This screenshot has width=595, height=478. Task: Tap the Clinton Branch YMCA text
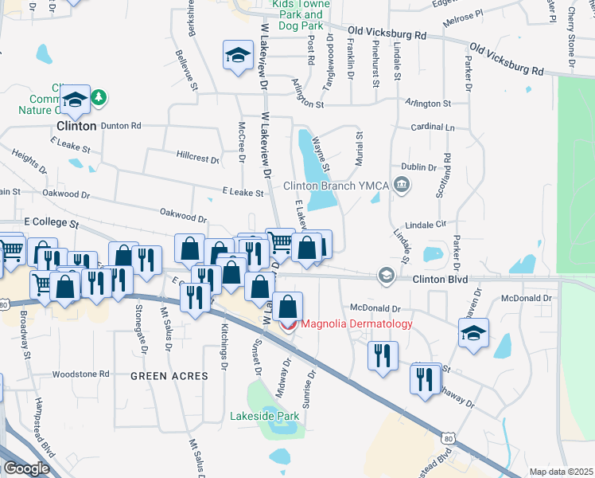click(x=336, y=186)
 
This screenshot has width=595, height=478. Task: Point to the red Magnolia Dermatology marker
click(x=288, y=324)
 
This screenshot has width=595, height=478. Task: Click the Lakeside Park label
click(x=264, y=416)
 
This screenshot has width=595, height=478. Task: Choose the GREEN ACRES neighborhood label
click(x=169, y=376)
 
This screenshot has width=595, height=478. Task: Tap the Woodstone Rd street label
click(x=80, y=374)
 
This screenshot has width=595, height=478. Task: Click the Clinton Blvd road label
click(x=440, y=280)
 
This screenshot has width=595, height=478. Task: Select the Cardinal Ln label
click(x=433, y=127)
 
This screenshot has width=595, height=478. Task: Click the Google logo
click(x=27, y=468)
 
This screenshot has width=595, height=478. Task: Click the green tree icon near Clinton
click(x=99, y=97)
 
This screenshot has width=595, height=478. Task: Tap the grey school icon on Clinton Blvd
click(x=386, y=275)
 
